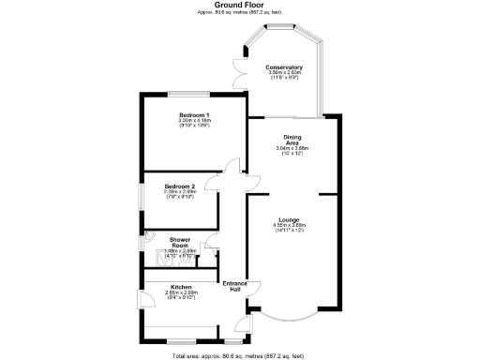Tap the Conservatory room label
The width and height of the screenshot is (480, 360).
point(283,67)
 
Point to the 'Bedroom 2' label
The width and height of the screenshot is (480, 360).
point(178,186)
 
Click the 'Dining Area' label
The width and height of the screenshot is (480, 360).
point(292,140)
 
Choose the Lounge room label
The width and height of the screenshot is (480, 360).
point(289,219)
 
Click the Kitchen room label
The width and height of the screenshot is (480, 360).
point(180,287)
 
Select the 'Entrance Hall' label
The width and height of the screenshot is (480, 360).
point(232,286)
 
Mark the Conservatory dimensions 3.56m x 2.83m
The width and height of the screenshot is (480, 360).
point(283,74)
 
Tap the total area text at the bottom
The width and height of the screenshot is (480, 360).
point(239,354)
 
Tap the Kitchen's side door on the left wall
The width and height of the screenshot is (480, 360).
point(142,299)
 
